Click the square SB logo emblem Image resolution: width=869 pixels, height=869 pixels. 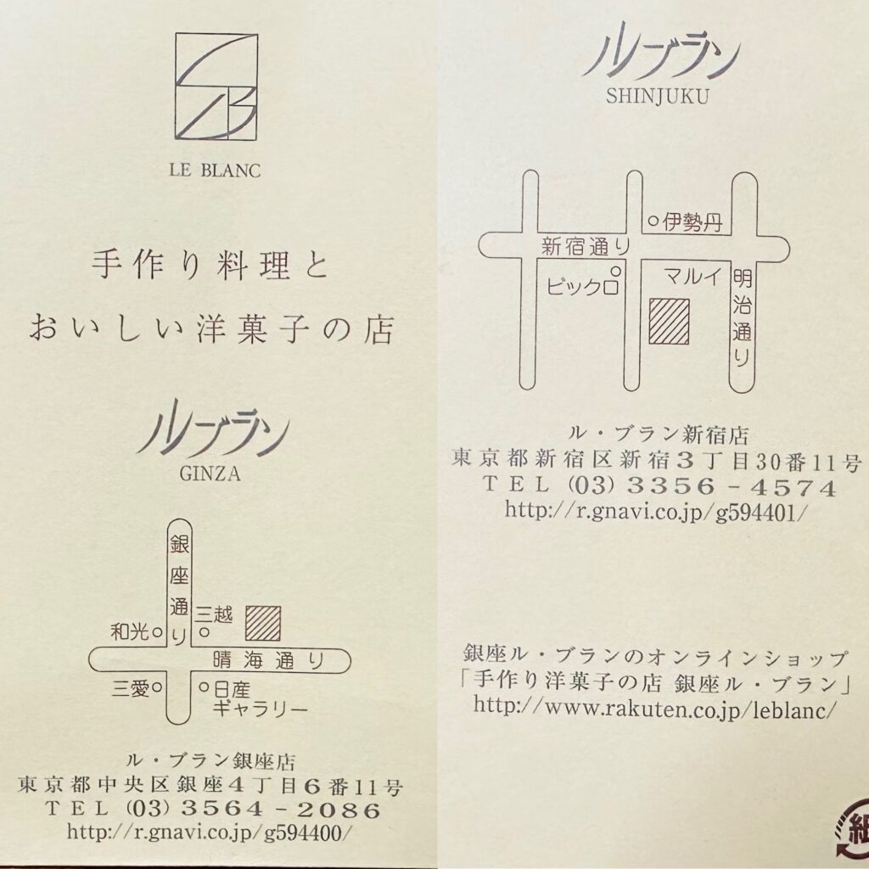tap(216, 87)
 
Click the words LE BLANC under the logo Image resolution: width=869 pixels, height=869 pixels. tap(215, 170)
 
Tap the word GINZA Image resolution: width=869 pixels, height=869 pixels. tap(210, 474)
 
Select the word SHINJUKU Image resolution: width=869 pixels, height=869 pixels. tap(658, 97)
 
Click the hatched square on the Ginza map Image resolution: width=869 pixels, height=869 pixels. tap(263, 623)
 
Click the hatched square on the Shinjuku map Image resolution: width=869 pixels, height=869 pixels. tap(670, 322)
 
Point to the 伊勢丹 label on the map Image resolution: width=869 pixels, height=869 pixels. tap(692, 222)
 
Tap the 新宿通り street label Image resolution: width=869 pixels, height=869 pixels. tap(586, 246)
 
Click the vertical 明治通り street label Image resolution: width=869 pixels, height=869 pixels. tap(742, 317)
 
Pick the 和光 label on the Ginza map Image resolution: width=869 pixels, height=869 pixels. tap(130, 631)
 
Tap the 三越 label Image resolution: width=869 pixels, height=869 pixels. tap(215, 614)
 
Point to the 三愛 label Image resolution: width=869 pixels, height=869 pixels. tap(131, 688)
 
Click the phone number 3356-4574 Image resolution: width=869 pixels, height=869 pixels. tap(731, 487)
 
